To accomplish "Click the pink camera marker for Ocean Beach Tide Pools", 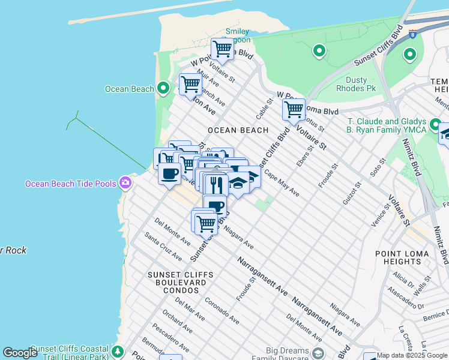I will [125, 182].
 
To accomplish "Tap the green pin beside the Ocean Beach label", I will [163, 89].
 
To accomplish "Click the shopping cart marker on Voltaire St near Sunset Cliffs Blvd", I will [294, 110].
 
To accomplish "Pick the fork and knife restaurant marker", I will [216, 184].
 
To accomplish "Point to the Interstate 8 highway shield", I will [412, 34].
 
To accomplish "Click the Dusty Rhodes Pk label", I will [364, 85].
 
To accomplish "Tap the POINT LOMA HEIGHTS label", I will [406, 258].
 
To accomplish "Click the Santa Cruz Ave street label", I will [163, 247].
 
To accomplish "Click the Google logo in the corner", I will [20, 353].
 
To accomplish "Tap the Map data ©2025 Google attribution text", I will [412, 355].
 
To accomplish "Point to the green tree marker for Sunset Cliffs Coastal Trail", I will [118, 350].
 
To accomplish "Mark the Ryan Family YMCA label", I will [386, 129].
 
